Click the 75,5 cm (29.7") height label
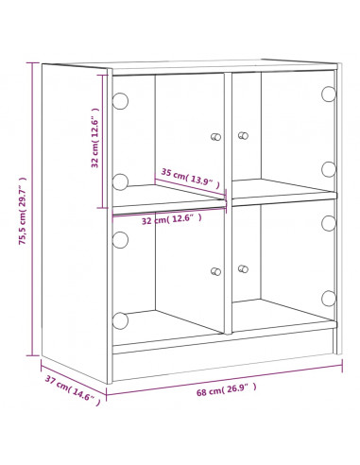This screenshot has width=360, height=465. (x=23, y=211)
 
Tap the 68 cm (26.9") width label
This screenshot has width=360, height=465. (x=227, y=389)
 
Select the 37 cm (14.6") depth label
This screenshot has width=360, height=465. (x=73, y=390)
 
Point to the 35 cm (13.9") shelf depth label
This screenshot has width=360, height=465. (x=191, y=179)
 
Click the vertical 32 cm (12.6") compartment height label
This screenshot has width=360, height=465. (x=94, y=137)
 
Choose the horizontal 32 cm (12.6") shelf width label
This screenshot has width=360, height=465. (x=172, y=219)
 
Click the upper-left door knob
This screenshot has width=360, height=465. (x=215, y=137)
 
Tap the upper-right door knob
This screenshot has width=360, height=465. (x=243, y=135)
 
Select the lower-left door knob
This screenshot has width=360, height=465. (x=216, y=271)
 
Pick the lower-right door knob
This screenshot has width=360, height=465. (x=243, y=269)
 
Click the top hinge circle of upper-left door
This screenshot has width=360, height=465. (x=120, y=101)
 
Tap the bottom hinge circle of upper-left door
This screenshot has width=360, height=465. (x=120, y=181)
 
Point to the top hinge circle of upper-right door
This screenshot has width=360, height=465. (x=329, y=94)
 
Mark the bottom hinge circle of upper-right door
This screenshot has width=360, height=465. (x=329, y=169)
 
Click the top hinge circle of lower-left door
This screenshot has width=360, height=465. (x=120, y=240)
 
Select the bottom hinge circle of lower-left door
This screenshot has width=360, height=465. (x=120, y=320)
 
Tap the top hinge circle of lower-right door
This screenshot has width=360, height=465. (x=329, y=223)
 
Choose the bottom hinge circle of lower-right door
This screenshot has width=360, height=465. (x=329, y=299)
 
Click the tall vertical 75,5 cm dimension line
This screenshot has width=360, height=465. (x=32, y=209)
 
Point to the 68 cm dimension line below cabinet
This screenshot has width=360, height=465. (x=224, y=380)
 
